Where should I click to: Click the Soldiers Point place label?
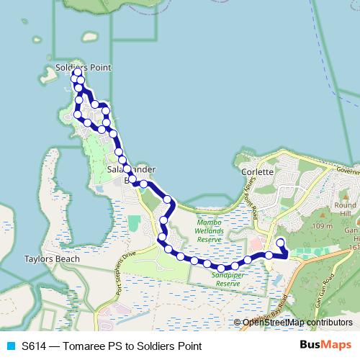coord(84,67)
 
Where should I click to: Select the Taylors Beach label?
coord(45,257)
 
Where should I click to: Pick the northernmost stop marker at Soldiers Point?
coord(77,73)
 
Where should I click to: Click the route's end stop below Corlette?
coord(280,243)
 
